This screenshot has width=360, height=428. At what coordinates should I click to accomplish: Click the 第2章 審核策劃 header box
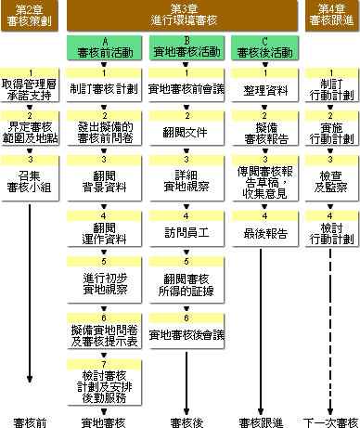(32, 15)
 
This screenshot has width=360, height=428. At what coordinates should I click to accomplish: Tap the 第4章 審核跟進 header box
(331, 15)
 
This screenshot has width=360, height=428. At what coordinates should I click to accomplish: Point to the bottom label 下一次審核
(332, 422)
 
